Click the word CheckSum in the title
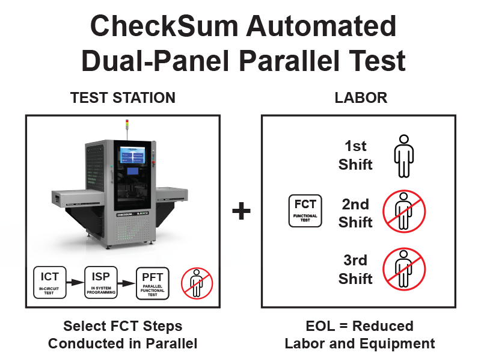point(164,26)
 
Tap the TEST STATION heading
point(123,98)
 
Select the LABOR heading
point(361,98)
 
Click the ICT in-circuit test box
point(50,282)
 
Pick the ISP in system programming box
point(101,282)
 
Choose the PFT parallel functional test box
point(153,283)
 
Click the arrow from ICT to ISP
point(75,282)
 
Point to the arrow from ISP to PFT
point(126,282)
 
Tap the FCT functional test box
point(305,211)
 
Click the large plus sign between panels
point(242,211)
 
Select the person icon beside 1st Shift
point(403,156)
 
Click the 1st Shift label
point(355,155)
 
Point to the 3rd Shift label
point(355,270)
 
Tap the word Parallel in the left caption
point(171,344)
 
